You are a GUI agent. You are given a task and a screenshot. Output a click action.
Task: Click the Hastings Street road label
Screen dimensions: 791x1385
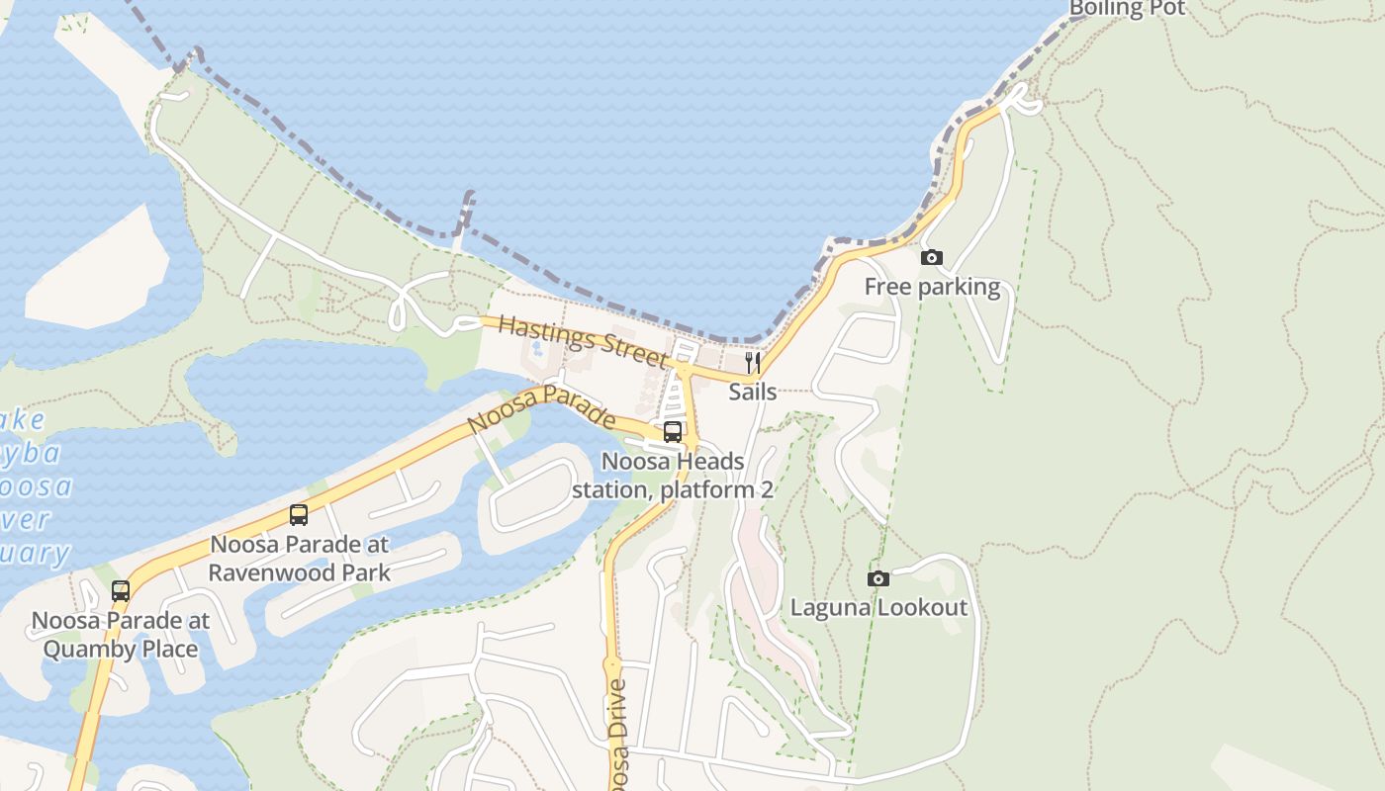click(582, 340)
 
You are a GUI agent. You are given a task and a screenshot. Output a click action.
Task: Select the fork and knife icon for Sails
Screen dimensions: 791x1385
click(753, 363)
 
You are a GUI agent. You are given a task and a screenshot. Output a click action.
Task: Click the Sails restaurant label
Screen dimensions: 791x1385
click(753, 392)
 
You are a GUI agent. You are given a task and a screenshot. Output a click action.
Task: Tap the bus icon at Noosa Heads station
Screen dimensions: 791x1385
click(673, 432)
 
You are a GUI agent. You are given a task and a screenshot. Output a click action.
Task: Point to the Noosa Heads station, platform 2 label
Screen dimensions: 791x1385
click(673, 476)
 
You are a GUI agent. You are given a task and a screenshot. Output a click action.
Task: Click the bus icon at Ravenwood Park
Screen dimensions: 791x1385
click(299, 515)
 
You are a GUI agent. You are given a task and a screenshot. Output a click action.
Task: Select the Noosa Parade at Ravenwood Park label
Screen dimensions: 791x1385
click(299, 558)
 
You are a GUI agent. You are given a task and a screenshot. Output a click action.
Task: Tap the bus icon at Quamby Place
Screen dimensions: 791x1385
click(121, 591)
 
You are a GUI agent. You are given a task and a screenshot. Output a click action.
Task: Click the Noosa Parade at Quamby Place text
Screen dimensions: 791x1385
click(121, 635)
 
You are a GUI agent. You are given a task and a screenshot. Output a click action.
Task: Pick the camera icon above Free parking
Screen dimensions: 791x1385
click(931, 258)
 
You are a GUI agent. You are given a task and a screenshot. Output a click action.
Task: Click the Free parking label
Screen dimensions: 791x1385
click(932, 287)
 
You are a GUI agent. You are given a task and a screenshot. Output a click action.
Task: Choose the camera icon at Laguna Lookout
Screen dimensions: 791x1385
click(877, 579)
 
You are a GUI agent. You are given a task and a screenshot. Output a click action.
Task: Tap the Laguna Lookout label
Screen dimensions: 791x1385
click(877, 607)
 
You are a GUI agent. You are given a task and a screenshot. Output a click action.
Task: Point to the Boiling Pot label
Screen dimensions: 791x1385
click(1126, 9)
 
